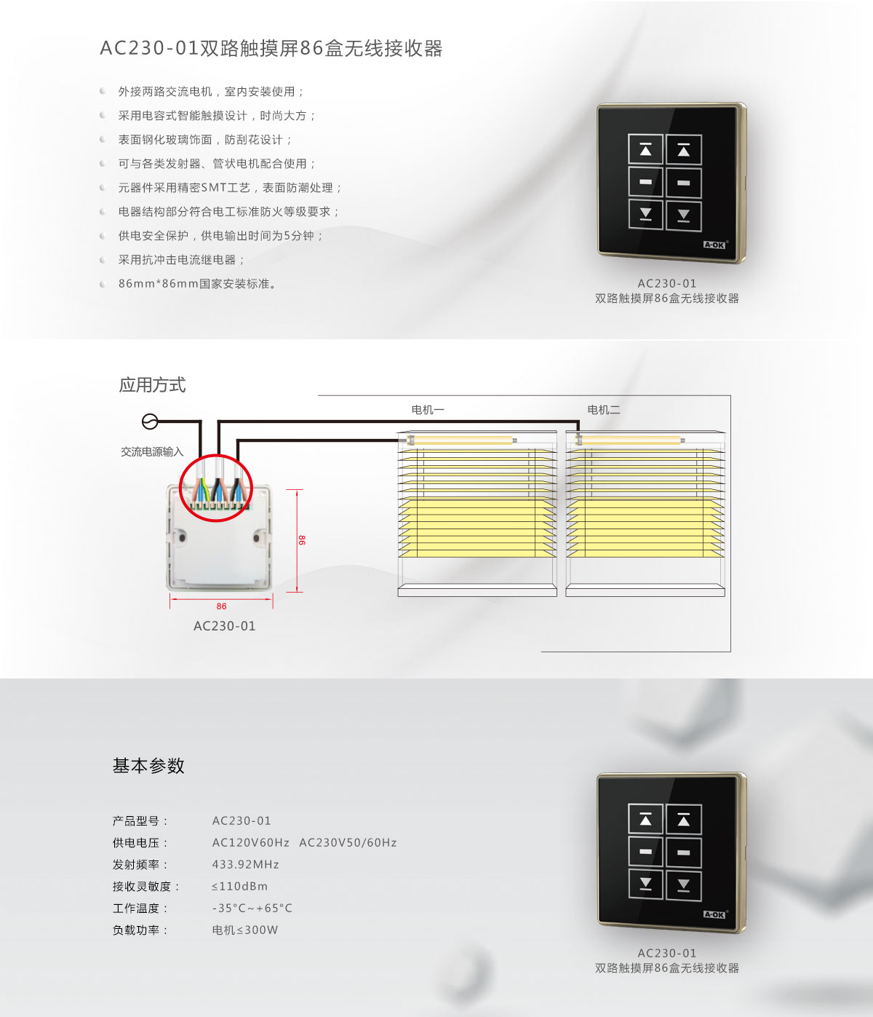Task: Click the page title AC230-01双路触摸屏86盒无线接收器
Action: point(271,49)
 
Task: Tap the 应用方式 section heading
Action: point(152,385)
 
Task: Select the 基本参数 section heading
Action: point(148,766)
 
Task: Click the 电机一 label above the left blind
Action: point(427,410)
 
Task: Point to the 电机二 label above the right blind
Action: point(603,410)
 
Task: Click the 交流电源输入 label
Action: point(151,452)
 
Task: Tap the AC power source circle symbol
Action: point(149,422)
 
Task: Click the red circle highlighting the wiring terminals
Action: point(216,487)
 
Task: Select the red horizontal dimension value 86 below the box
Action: point(221,606)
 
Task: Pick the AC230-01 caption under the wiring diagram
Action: point(224,626)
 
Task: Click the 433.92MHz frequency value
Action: point(245,865)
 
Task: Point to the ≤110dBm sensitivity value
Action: point(239,887)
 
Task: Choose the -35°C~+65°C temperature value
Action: point(252,909)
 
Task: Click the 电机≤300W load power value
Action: point(244,930)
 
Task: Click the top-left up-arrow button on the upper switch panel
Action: point(645,151)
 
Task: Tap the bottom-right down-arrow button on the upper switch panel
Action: point(683,215)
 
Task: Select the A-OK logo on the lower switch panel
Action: point(714,914)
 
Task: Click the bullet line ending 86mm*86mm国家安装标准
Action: point(197,284)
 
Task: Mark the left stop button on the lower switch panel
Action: point(645,852)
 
